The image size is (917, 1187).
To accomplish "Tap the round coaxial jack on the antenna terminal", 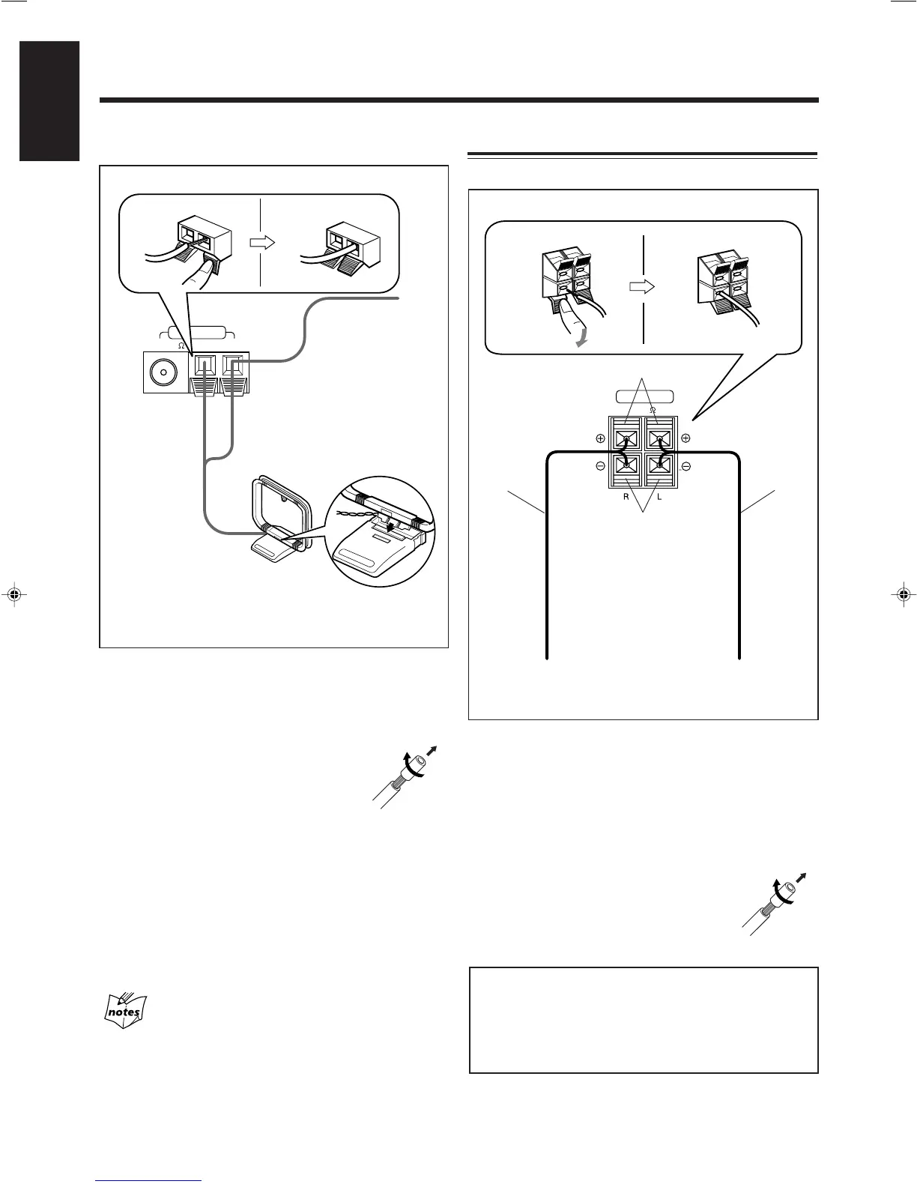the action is (x=163, y=372).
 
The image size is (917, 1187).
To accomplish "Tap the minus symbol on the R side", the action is (x=601, y=466).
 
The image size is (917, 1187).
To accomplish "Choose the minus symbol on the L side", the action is (x=686, y=466).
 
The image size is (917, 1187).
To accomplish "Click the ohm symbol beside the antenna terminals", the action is (x=181, y=345).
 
